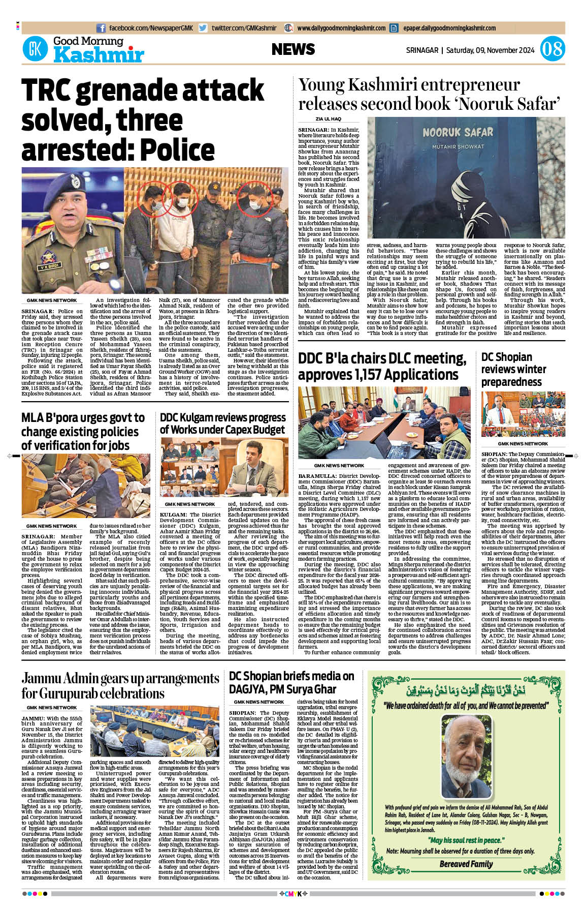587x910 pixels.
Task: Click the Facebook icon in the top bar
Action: click(101, 28)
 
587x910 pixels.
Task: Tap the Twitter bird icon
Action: click(203, 28)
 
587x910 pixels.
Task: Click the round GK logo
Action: click(35, 49)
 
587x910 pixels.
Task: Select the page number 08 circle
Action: click(552, 49)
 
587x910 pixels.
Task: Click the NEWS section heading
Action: click(293, 49)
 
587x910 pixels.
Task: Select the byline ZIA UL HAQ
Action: click(329, 119)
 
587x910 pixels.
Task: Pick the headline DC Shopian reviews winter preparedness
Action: click(513, 369)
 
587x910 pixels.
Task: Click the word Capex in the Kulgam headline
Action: click(238, 430)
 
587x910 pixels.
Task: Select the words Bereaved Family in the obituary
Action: click(466, 864)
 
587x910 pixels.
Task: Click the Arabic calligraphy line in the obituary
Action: click(466, 691)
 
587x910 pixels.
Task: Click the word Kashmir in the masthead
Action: click(99, 55)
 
